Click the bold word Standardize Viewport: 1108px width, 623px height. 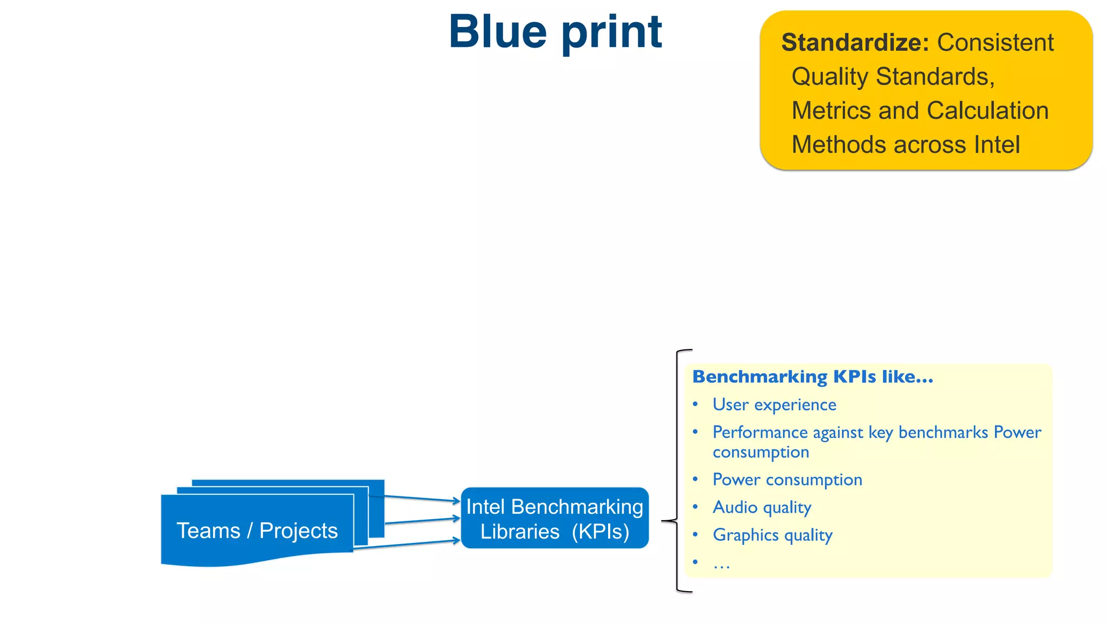[x=855, y=43]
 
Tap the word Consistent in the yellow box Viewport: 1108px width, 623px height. [x=995, y=43]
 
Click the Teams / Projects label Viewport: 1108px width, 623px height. [x=257, y=531]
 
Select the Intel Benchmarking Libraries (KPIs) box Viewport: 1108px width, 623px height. [x=555, y=519]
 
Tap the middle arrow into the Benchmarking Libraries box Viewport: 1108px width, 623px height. [x=422, y=521]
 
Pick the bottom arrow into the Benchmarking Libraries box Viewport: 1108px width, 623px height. [x=406, y=544]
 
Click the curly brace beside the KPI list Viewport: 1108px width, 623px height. [x=676, y=470]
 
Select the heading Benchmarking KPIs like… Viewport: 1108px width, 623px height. [x=813, y=377]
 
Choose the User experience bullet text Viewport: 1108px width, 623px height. [x=774, y=405]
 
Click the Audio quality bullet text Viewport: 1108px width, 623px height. [x=762, y=507]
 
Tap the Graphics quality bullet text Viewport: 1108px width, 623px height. [x=772, y=535]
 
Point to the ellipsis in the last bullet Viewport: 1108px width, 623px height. [x=722, y=564]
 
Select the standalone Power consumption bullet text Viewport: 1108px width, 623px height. [x=787, y=480]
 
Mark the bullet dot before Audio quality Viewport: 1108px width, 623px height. [x=695, y=507]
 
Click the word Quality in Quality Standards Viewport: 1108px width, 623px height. [x=829, y=77]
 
